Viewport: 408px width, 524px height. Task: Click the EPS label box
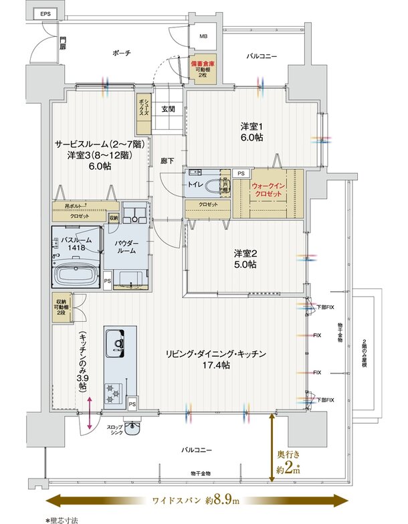[44, 14]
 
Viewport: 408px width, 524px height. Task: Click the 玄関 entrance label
[167, 108]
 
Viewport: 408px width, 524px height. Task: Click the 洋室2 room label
[245, 258]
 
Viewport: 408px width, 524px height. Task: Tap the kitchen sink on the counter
[118, 344]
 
